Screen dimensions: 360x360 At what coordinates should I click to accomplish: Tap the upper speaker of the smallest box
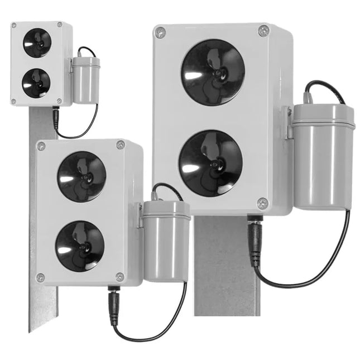pyautogui.click(x=37, y=40)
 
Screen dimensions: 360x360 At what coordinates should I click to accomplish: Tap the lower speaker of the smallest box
pyautogui.click(x=36, y=82)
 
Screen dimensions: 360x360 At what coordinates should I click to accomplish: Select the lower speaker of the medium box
pyautogui.click(x=80, y=246)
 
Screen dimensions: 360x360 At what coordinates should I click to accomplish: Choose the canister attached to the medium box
pyautogui.click(x=166, y=239)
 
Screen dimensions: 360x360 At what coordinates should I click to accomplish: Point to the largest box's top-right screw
pyautogui.click(x=264, y=31)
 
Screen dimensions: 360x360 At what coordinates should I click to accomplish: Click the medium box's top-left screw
pyautogui.click(x=41, y=146)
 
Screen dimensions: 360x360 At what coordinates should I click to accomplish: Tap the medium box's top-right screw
pyautogui.click(x=121, y=145)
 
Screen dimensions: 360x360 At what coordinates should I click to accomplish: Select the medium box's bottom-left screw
pyautogui.click(x=40, y=277)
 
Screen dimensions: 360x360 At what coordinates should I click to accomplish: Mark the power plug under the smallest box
pyautogui.click(x=56, y=118)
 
